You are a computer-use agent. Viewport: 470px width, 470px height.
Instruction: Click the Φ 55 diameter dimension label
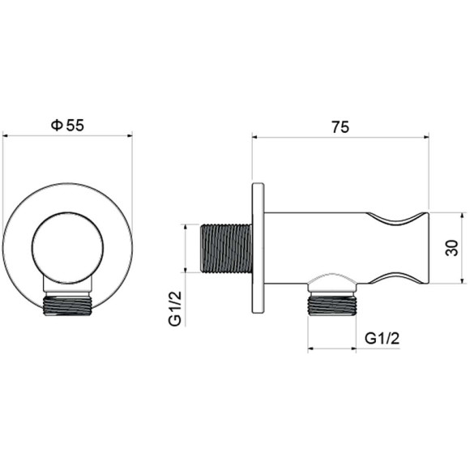(67, 125)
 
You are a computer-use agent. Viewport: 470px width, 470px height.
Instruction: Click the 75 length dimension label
(340, 126)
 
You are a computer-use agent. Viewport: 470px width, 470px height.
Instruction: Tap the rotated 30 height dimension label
(451, 248)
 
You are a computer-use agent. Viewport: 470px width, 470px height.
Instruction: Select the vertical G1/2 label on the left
(175, 308)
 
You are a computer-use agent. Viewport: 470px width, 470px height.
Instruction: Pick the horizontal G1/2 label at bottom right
(382, 339)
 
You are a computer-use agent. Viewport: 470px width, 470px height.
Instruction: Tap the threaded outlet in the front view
(68, 305)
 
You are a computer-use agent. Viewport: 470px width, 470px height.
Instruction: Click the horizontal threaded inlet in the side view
(226, 249)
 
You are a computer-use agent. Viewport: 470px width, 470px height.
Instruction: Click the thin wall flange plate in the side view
(258, 248)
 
